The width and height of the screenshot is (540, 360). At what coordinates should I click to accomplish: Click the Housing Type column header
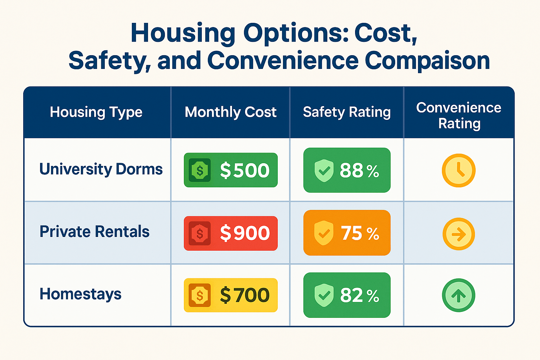(x=96, y=112)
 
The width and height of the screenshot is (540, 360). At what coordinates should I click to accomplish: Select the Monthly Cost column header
(x=231, y=112)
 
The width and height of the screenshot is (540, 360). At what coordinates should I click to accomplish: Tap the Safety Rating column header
(x=347, y=112)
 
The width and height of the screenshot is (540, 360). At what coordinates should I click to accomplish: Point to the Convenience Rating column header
(x=459, y=116)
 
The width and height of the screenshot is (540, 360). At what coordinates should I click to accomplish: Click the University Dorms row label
(x=101, y=169)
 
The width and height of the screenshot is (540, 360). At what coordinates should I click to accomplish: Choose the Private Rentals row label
(x=95, y=232)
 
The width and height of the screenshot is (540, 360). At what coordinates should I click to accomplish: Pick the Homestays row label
(x=81, y=294)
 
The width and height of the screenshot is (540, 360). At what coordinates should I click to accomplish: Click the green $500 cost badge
(x=231, y=170)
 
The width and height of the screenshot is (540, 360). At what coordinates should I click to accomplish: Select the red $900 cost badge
(x=231, y=233)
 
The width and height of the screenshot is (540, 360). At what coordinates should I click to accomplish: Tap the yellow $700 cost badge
(x=231, y=295)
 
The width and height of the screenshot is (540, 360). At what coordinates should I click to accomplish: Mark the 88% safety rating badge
(x=347, y=170)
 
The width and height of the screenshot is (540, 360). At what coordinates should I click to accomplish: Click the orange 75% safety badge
(x=347, y=233)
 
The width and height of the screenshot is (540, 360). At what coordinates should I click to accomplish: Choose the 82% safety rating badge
(x=347, y=295)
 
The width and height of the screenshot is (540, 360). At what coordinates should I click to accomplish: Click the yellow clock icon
(x=458, y=171)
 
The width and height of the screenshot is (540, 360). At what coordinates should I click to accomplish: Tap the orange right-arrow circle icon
(x=458, y=234)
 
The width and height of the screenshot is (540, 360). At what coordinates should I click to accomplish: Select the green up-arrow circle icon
(x=458, y=295)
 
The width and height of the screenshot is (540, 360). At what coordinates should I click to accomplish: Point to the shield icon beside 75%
(x=324, y=233)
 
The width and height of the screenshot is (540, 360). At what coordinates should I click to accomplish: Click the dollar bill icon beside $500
(x=200, y=170)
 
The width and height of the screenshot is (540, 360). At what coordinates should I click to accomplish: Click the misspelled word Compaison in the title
(x=427, y=60)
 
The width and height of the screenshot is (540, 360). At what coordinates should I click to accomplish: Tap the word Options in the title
(x=296, y=33)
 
